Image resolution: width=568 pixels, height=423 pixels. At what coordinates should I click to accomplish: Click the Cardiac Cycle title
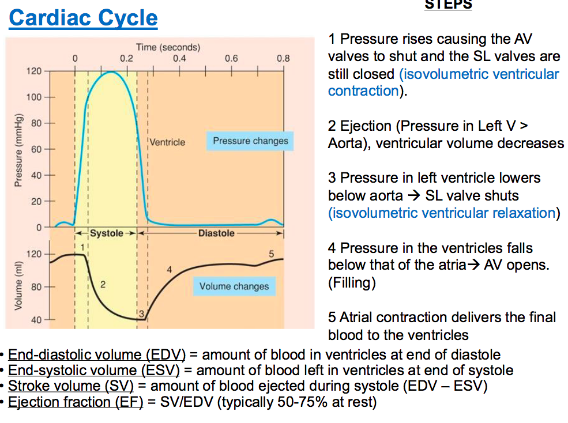click(x=83, y=18)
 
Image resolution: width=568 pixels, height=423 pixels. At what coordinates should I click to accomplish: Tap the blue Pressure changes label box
click(x=250, y=141)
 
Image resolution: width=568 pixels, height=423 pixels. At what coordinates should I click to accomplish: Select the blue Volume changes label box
click(x=234, y=286)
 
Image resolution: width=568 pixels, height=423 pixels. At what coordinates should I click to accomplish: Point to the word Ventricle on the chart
click(x=168, y=142)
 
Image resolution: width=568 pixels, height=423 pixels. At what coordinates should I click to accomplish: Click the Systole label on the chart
click(x=107, y=233)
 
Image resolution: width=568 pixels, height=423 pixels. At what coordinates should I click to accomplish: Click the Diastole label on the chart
click(x=216, y=233)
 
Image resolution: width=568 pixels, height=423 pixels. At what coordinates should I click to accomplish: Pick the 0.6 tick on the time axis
click(x=231, y=58)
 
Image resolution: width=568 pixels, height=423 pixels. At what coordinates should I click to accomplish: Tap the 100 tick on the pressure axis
click(x=34, y=97)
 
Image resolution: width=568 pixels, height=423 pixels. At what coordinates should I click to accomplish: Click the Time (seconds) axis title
click(x=168, y=47)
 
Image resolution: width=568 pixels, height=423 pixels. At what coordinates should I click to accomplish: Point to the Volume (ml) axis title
click(x=18, y=286)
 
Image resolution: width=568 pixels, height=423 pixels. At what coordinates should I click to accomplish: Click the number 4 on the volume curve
click(x=169, y=269)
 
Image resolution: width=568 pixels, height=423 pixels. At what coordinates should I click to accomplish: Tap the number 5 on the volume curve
click(x=271, y=253)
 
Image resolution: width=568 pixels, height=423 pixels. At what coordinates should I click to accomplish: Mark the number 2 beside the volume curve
click(x=103, y=284)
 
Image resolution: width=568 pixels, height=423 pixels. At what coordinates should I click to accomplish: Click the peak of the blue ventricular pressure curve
click(x=111, y=71)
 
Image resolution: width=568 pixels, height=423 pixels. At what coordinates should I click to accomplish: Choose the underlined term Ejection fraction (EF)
click(x=76, y=401)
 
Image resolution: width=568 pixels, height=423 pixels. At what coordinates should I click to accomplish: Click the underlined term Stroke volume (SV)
click(x=71, y=386)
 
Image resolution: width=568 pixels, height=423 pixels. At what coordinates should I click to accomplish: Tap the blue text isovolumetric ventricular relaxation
click(x=442, y=213)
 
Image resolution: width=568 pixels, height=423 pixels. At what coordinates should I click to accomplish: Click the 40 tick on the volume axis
click(x=35, y=319)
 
